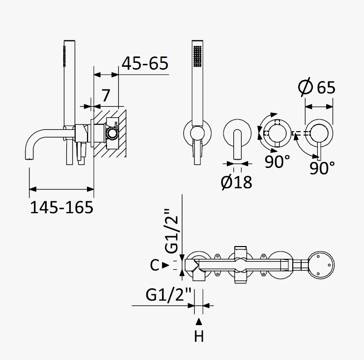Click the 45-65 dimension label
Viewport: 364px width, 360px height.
[145, 63]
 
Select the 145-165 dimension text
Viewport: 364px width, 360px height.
[62, 207]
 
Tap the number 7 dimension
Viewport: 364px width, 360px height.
[106, 95]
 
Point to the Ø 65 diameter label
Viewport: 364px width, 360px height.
[317, 87]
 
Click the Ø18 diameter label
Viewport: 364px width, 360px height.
[236, 182]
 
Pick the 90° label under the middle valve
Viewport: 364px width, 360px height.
[278, 162]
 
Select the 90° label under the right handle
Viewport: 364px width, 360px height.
[322, 168]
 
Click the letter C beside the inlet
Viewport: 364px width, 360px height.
[154, 265]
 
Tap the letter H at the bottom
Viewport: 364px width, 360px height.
[199, 336]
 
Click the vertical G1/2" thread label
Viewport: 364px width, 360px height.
[171, 231]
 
